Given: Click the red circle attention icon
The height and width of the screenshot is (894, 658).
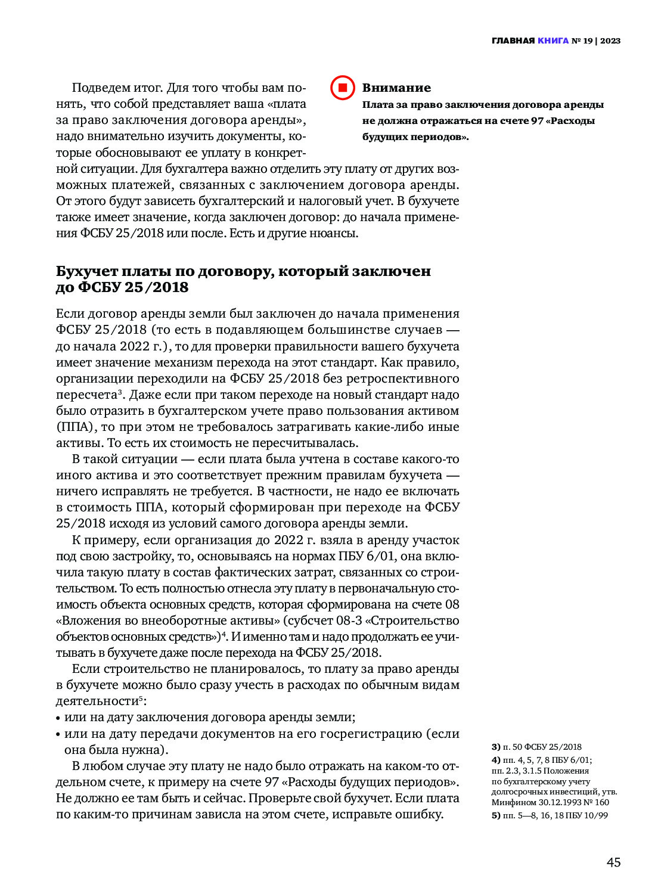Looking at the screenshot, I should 343,88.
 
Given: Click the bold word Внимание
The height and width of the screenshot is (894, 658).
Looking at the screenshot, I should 396,88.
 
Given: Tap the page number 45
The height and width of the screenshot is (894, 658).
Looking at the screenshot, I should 613,862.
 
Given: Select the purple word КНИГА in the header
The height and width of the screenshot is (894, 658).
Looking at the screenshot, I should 553,41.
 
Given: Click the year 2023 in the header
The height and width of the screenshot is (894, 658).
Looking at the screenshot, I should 610,41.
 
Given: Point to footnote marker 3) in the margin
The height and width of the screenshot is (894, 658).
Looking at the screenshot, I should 496,747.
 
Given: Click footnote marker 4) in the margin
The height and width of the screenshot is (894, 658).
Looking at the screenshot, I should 496,760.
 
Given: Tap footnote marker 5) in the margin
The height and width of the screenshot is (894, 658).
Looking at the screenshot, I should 496,815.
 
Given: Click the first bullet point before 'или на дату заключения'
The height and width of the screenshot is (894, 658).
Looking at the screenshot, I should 58,718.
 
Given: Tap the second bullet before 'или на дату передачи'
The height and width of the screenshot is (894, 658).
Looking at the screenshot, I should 58,734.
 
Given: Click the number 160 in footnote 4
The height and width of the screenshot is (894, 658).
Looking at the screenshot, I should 602,802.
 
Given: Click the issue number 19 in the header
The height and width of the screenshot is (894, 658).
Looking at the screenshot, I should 588,41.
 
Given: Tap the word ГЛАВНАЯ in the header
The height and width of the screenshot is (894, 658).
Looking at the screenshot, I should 513,41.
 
